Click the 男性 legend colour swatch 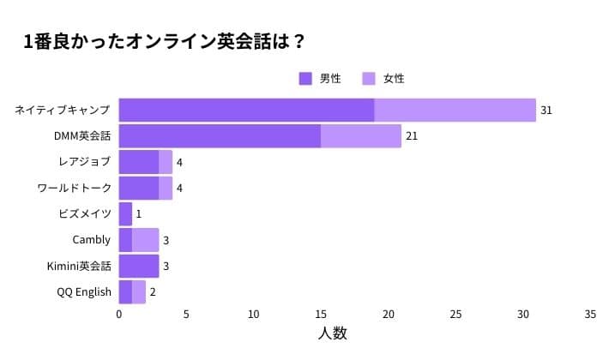(x=305, y=78)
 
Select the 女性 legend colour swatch (x=370, y=78)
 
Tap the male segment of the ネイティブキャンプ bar (x=246, y=111)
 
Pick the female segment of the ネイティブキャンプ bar (x=455, y=111)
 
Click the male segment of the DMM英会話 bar (x=220, y=136)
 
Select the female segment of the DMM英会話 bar (x=361, y=136)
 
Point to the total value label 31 (x=546, y=111)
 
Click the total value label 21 (x=412, y=136)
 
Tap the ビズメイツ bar (x=125, y=213)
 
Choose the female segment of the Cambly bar (x=145, y=240)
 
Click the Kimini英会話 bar (x=139, y=266)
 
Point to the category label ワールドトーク (x=74, y=188)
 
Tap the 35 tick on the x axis (x=590, y=315)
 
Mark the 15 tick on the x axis (x=321, y=315)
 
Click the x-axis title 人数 (x=333, y=333)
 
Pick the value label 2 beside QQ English (x=152, y=291)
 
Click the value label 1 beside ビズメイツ (x=138, y=213)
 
